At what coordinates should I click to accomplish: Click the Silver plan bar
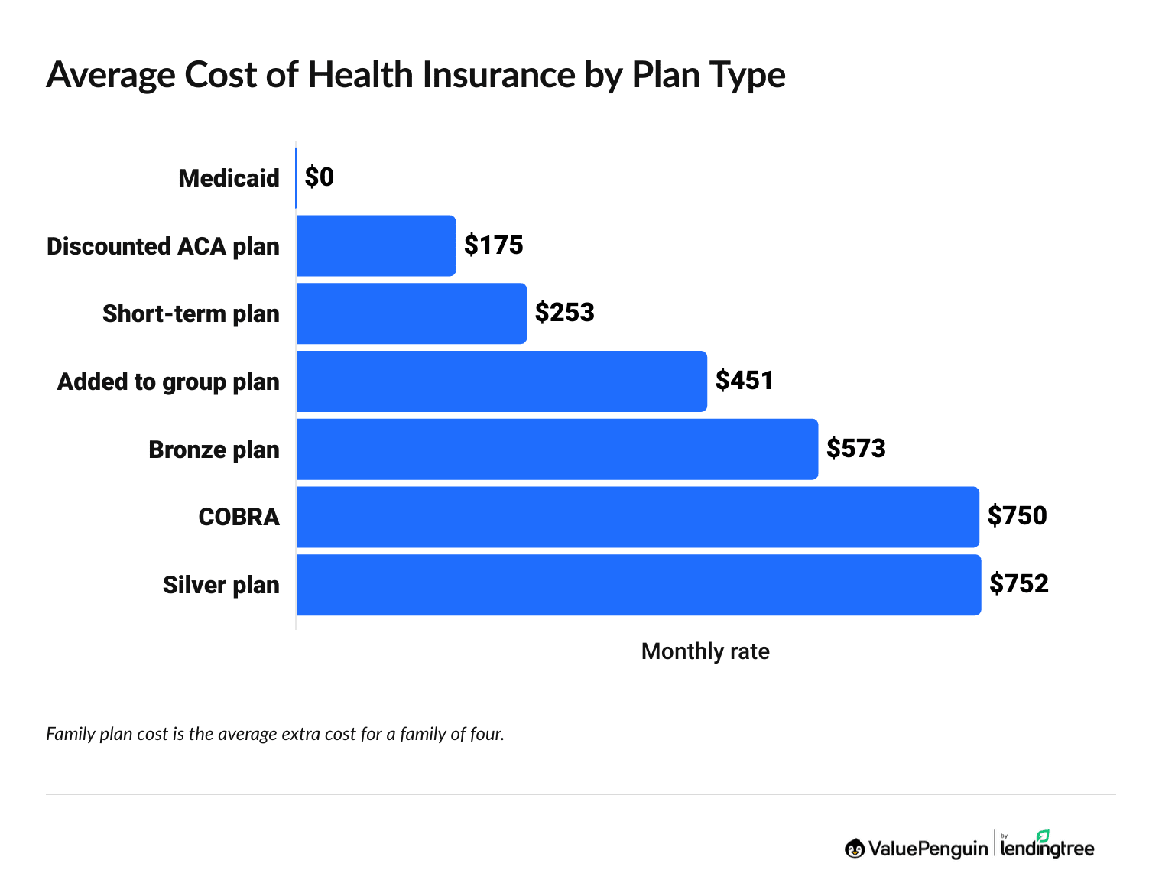pos(638,585)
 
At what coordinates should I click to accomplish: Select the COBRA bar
pos(638,517)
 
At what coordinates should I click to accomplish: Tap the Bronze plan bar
pos(557,450)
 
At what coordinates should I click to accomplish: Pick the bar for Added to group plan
pos(501,381)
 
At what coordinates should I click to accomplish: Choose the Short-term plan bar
pos(411,313)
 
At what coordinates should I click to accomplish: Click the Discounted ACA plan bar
pos(375,245)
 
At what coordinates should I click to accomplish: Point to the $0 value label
pos(320,177)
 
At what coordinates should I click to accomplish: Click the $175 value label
pos(494,245)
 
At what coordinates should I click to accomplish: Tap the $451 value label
pos(745,381)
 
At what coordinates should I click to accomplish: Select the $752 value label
pos(1019,584)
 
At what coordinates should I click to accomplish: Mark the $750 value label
pos(1018,516)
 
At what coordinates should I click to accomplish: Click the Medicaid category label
pos(229,178)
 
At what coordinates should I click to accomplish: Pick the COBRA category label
pos(239,518)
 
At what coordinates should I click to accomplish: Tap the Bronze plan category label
pos(214,450)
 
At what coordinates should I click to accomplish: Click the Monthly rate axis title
pos(705,651)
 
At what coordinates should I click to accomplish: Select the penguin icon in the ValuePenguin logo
pos(855,848)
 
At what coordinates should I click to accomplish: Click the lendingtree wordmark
pos(1047,849)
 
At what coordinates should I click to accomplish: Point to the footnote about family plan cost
pos(275,735)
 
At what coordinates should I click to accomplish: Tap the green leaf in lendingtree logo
pos(1043,836)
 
